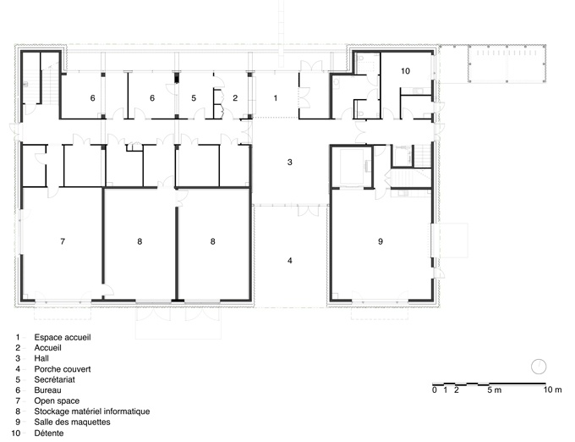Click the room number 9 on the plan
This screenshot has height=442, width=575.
coord(381,241)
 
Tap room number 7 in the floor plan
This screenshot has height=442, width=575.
coord(63,241)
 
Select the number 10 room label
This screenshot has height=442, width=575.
coord(405,71)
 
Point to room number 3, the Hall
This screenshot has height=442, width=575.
coord(290,163)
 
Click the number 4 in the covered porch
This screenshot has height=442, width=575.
coord(290,261)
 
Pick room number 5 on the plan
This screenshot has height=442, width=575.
coord(194,98)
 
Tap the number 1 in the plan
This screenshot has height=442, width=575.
coord(276,98)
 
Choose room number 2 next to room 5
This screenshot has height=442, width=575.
coord(235,98)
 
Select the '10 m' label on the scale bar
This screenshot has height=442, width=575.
coord(552,390)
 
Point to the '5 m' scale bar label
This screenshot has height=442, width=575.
coord(495,390)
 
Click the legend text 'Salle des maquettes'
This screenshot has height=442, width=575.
coord(72,423)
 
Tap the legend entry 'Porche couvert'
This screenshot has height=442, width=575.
coord(63,369)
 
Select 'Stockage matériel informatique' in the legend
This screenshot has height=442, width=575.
coord(92,412)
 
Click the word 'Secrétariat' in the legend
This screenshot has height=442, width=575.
coord(55,379)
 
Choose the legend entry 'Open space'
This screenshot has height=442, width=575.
coord(57,401)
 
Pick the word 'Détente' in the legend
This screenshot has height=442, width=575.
coord(49,434)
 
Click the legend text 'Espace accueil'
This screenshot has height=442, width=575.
coord(63,337)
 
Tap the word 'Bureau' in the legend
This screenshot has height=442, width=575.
coord(47,390)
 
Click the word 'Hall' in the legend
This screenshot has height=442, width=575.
coord(41,358)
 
